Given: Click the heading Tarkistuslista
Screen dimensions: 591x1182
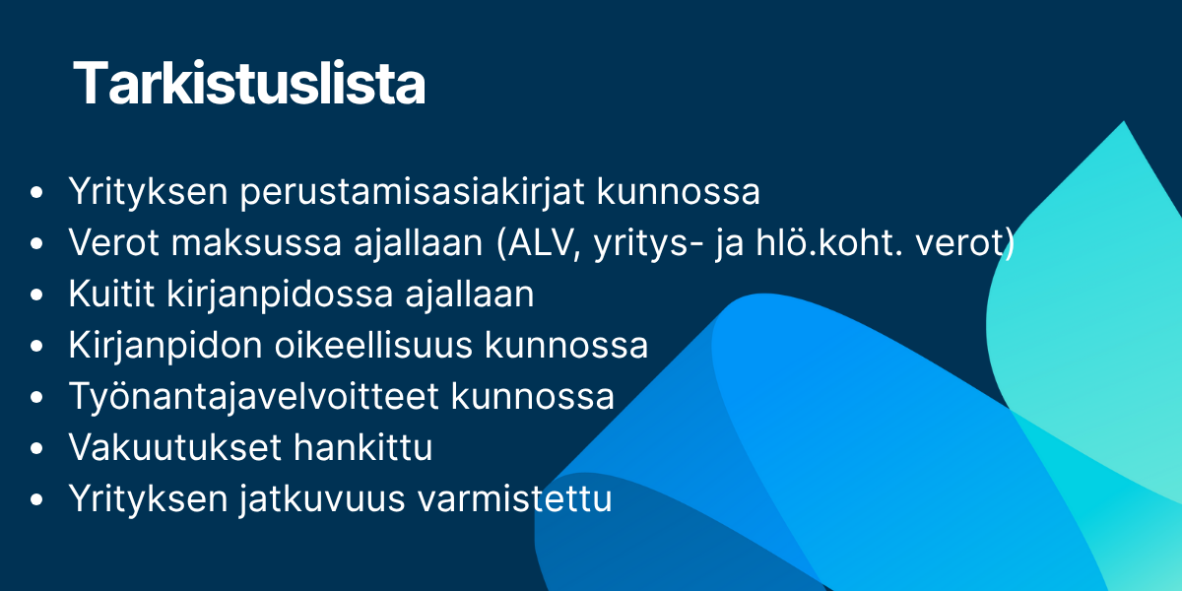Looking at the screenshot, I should click(249, 84).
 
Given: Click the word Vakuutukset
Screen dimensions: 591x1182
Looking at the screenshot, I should click(172, 448).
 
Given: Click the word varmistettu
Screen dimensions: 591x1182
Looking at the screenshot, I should click(515, 499).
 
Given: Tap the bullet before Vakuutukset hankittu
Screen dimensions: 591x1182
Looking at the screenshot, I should click(37, 449).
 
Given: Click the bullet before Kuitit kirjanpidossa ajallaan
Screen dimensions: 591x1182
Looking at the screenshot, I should click(37, 295).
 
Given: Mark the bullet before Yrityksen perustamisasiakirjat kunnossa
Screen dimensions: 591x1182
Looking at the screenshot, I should click(37, 193).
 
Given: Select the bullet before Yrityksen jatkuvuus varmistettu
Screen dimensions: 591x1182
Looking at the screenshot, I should click(37, 500).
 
